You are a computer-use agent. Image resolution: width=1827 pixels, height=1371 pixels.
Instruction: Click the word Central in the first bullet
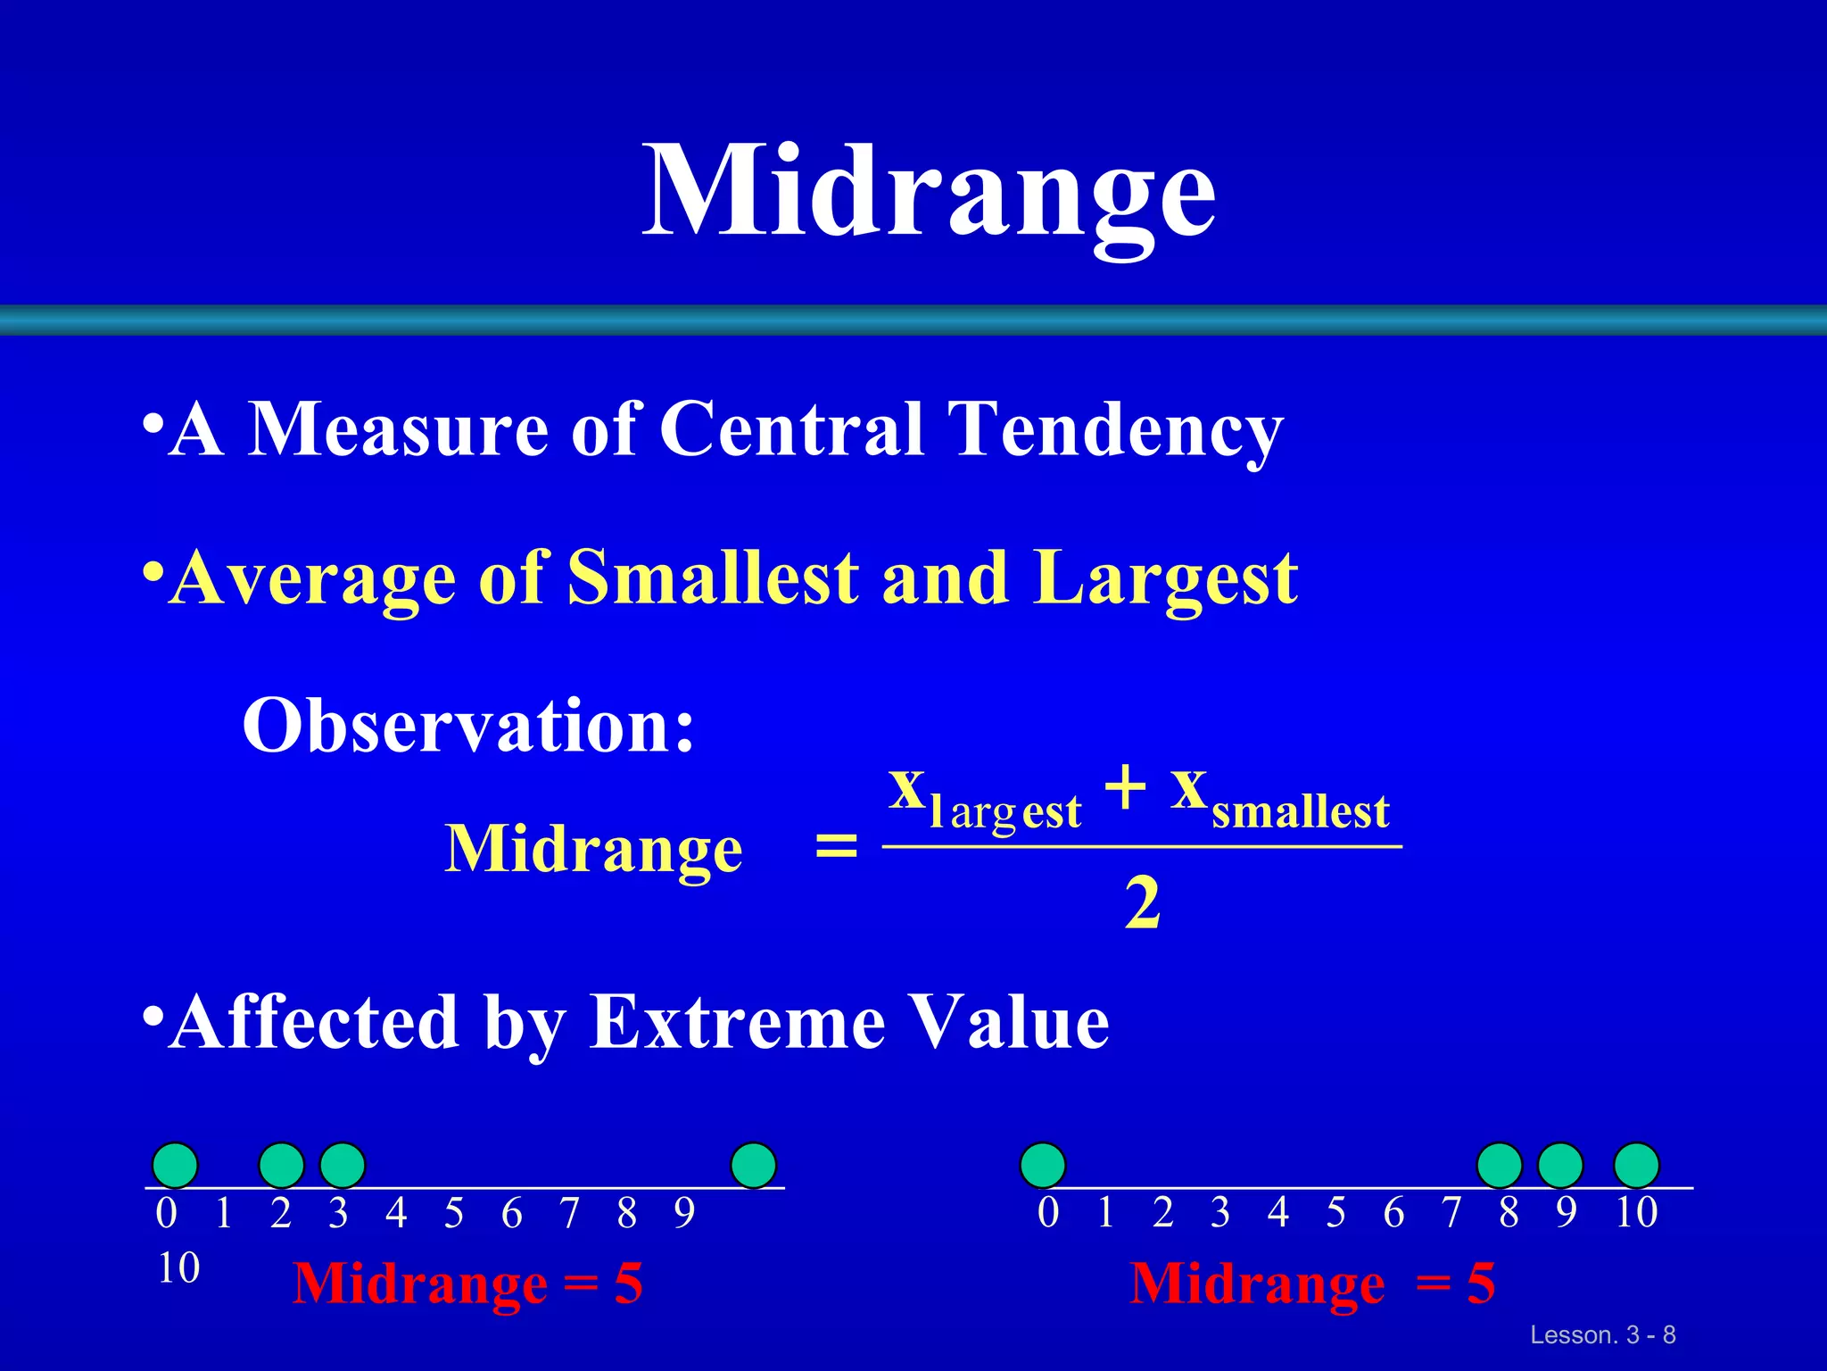[790, 428]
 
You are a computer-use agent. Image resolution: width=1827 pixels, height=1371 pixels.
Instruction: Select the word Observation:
[468, 726]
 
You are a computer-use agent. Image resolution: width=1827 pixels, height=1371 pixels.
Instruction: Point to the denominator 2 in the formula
[1142, 903]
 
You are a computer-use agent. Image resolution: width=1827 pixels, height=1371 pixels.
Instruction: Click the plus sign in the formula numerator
[1125, 787]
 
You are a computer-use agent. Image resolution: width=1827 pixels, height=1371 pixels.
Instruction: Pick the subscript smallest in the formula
[1300, 812]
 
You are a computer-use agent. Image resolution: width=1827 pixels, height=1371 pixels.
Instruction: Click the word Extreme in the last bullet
[737, 1022]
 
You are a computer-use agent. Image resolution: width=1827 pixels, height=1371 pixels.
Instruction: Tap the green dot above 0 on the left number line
[175, 1165]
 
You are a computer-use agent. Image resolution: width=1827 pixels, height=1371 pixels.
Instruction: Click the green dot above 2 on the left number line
[282, 1165]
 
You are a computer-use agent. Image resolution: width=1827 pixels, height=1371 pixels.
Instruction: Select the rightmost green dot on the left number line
[753, 1165]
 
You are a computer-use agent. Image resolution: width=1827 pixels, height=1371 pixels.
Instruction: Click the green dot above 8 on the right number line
[1500, 1165]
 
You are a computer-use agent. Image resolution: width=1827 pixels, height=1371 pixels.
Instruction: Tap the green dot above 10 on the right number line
[1636, 1165]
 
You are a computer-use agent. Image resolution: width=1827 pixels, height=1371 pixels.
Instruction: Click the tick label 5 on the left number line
[454, 1213]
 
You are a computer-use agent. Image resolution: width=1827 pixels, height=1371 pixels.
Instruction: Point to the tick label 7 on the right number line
[1451, 1212]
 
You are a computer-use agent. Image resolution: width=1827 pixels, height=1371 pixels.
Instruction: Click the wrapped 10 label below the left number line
[178, 1268]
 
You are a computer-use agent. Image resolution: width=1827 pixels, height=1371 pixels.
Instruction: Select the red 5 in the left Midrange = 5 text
[628, 1284]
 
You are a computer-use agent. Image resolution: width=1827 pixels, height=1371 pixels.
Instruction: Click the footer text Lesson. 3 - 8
[1602, 1335]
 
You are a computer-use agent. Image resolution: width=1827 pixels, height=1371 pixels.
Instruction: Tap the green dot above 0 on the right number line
[1043, 1165]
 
